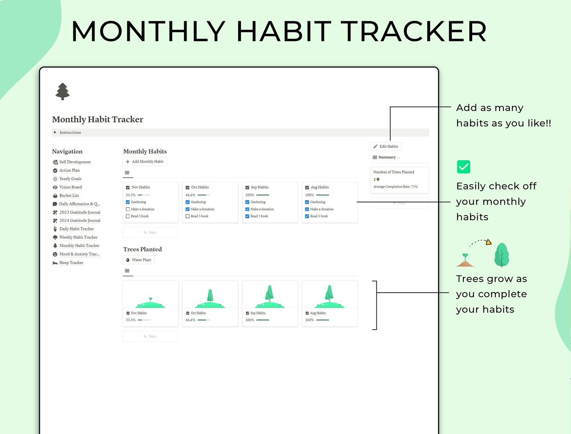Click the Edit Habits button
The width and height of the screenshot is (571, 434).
coord(386,146)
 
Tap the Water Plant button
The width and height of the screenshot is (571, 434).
coord(139,260)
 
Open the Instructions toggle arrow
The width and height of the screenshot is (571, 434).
coord(55,132)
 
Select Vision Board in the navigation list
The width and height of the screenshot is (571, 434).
coord(70,187)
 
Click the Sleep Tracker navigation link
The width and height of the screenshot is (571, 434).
coord(71,263)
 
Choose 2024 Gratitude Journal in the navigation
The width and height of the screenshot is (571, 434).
coord(79,220)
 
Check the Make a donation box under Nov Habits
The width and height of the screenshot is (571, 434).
coord(128,209)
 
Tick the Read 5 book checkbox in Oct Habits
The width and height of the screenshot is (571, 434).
coord(187,216)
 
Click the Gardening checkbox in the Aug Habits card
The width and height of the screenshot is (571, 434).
coord(307,202)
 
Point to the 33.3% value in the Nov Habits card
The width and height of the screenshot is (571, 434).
coord(131,195)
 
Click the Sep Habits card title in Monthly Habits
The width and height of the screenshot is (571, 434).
coord(259,187)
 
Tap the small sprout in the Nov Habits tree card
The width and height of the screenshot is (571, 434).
coord(151,299)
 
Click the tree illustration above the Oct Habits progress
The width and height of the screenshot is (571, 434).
coord(210,296)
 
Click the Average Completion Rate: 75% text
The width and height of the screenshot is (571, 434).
coord(395,187)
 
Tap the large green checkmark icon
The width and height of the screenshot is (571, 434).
coord(463,167)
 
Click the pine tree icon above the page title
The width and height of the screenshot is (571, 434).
coord(63,91)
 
